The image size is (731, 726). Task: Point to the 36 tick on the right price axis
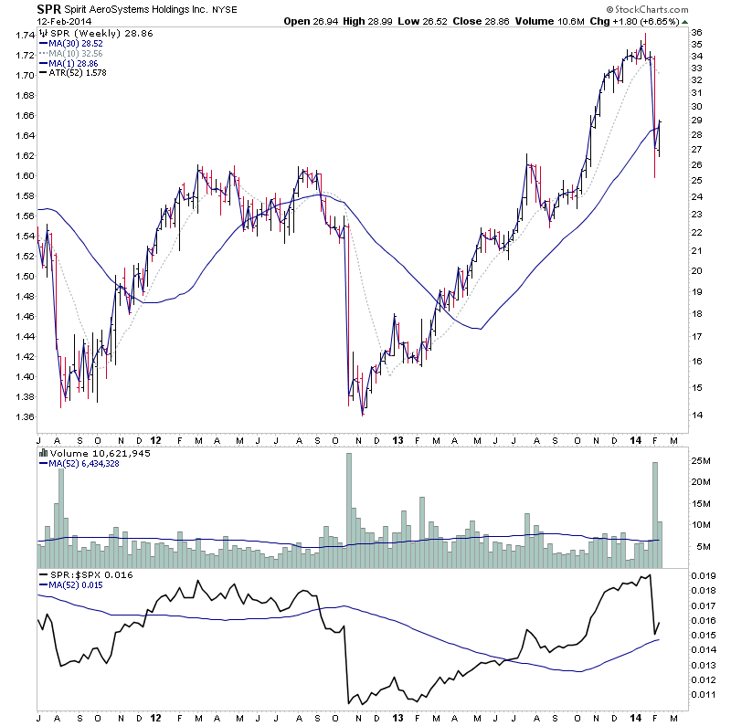coord(696,33)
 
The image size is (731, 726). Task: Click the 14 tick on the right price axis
coord(696,415)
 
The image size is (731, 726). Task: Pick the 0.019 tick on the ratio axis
coord(704,576)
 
